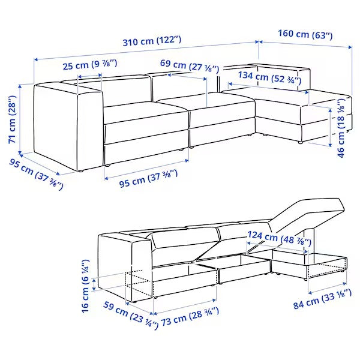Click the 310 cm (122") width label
pos(152,41)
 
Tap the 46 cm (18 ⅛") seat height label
pos(341,128)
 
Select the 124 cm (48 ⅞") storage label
pos(280,238)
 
